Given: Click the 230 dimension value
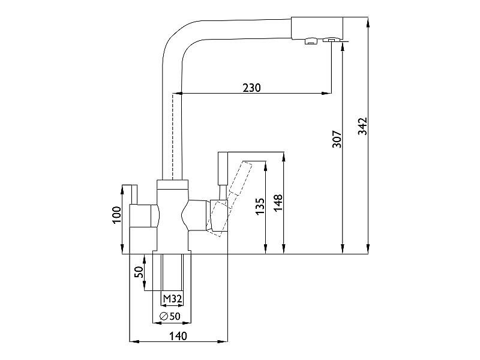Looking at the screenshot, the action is (251, 88).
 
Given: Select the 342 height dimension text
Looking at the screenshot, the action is (363, 126).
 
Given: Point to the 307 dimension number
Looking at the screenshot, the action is (337, 139).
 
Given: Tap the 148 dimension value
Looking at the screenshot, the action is (278, 203).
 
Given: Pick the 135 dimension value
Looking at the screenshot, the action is (260, 206).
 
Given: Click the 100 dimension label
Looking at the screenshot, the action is (116, 215).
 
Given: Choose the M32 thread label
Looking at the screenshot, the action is (172, 298).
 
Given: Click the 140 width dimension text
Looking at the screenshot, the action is (178, 336).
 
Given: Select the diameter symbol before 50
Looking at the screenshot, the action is (164, 316).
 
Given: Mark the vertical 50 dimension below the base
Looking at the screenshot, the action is (139, 272).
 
